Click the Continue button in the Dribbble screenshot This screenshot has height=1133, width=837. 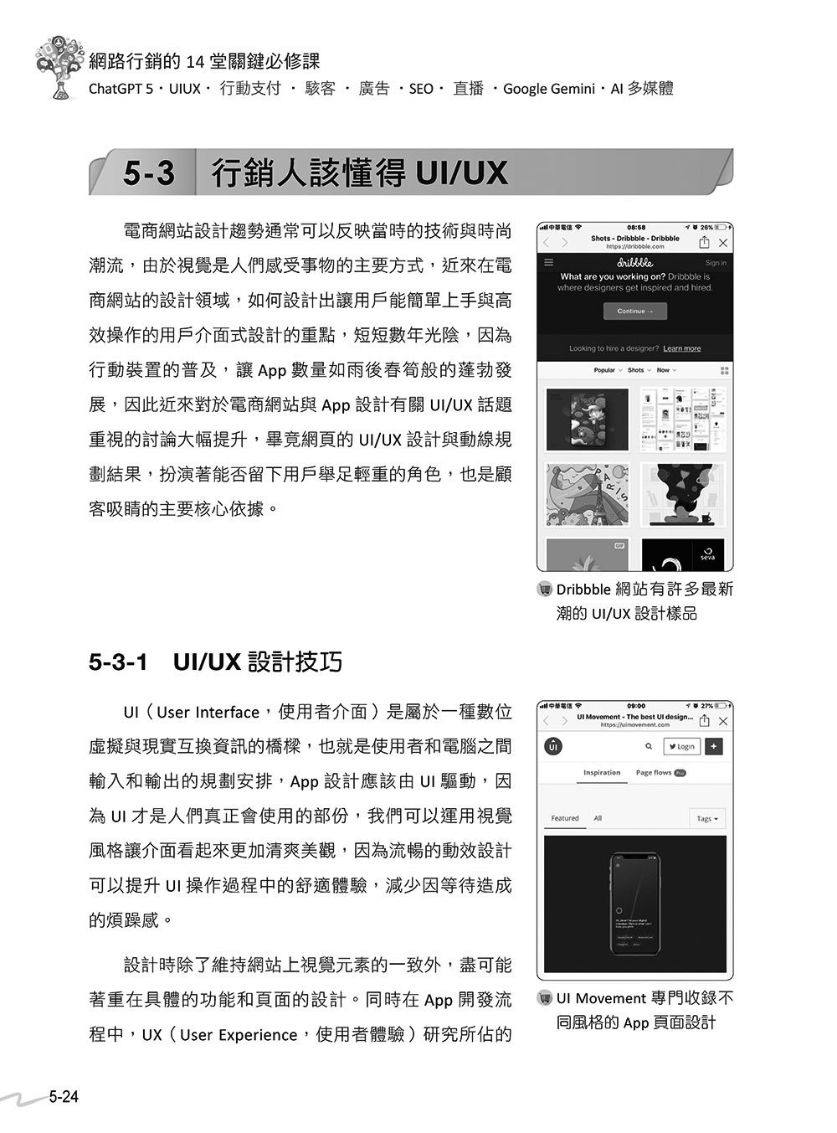(x=634, y=312)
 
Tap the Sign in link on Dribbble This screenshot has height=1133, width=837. (x=716, y=263)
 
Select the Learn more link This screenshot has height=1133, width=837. (x=682, y=348)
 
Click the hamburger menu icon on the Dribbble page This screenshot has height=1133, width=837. (x=549, y=262)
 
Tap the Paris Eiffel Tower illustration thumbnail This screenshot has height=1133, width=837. (x=587, y=494)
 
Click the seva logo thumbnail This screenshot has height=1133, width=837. (x=682, y=554)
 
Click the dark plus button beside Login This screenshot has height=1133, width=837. (x=714, y=746)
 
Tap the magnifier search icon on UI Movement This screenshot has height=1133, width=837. (x=649, y=746)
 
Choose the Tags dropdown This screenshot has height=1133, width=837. (x=707, y=818)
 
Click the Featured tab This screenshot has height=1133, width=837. (x=565, y=818)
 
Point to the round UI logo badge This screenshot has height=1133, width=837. (x=553, y=746)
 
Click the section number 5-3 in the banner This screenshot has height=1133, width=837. (x=149, y=173)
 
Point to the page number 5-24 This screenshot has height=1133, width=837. (x=63, y=1096)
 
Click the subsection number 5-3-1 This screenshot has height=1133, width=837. (x=118, y=662)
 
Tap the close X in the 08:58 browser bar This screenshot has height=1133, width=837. (x=723, y=243)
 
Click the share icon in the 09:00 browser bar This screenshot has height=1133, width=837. (x=705, y=721)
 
